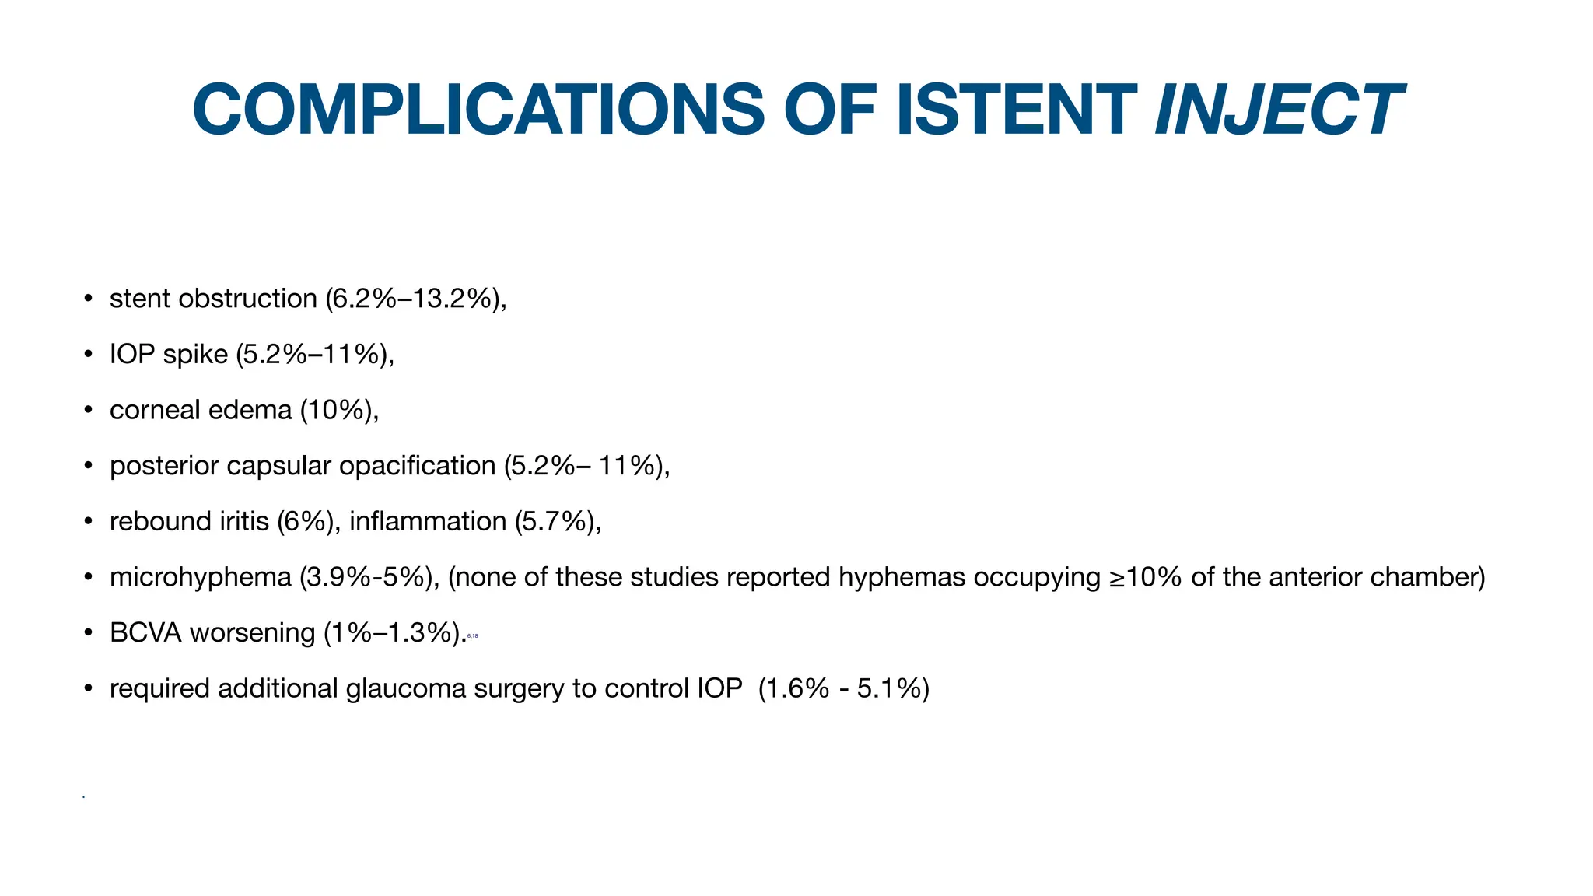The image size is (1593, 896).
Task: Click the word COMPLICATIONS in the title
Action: pos(478,110)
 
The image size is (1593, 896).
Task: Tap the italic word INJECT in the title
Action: pos(1279,110)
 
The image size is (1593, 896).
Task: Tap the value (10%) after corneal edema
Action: pos(338,410)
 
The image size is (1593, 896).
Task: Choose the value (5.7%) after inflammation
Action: pos(557,521)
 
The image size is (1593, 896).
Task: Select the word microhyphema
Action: pos(200,577)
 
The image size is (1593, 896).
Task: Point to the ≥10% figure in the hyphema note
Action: pos(1145,577)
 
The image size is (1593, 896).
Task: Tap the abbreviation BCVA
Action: pos(145,633)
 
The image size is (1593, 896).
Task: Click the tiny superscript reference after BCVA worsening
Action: pos(472,636)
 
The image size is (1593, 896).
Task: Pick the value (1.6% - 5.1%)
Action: pos(844,689)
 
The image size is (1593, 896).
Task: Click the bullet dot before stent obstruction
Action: pos(89,299)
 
